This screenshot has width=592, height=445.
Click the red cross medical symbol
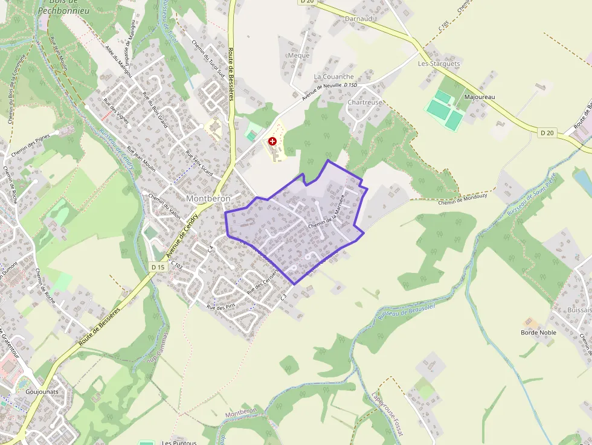[272, 141]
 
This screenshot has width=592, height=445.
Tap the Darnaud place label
[358, 19]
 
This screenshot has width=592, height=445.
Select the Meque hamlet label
[298, 56]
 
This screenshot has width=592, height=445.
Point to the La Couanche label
[333, 77]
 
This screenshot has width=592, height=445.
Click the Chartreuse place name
[364, 103]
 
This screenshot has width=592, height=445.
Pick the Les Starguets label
[439, 63]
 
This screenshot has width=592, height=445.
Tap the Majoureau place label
[480, 97]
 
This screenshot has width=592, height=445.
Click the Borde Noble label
[538, 332]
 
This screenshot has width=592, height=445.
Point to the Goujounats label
[42, 391]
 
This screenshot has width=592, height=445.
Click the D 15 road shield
[158, 267]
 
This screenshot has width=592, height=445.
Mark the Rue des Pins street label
[221, 307]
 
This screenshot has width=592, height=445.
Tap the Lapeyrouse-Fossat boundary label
[387, 414]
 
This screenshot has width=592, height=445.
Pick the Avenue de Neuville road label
[321, 91]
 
